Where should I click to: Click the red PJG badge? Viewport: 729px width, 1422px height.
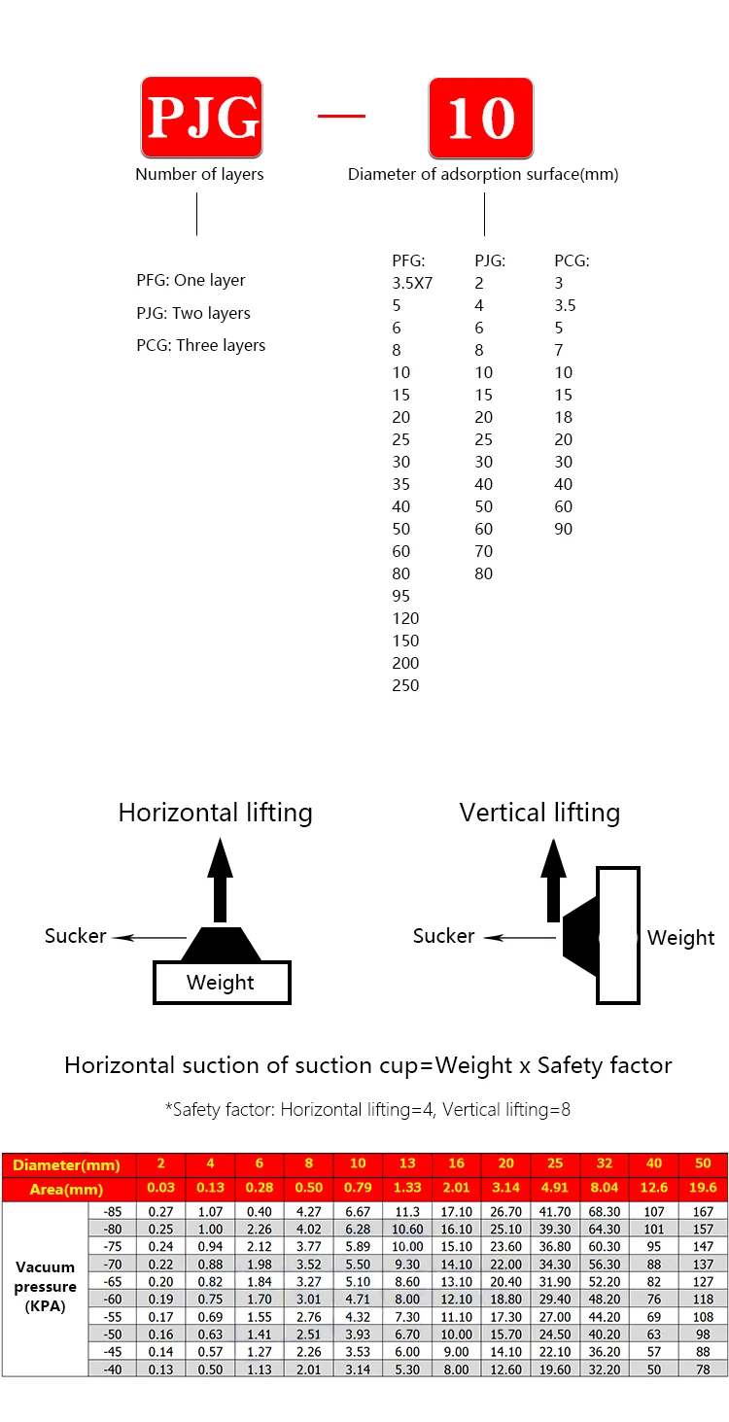click(201, 118)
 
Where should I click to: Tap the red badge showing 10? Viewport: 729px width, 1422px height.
click(481, 118)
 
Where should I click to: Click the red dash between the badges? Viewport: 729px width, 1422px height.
click(341, 116)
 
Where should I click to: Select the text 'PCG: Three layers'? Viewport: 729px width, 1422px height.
click(200, 345)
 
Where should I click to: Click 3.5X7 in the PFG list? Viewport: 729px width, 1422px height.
click(412, 283)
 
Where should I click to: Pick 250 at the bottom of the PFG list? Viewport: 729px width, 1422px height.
click(405, 685)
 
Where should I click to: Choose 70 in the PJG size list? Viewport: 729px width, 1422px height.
click(483, 551)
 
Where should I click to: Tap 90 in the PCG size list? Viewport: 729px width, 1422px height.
click(564, 529)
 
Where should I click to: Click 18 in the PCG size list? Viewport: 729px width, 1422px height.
click(564, 417)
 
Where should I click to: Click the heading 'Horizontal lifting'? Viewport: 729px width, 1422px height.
click(216, 813)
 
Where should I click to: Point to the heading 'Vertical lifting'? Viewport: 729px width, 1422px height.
click(539, 813)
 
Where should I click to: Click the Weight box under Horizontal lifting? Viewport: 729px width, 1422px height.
click(222, 982)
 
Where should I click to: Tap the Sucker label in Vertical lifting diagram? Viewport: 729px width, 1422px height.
click(443, 936)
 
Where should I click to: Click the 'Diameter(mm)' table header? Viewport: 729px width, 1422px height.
click(67, 1164)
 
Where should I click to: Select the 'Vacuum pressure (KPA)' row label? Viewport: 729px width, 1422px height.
click(46, 1287)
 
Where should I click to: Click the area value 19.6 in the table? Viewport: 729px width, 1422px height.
click(702, 1188)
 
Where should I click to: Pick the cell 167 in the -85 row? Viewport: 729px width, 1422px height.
click(702, 1212)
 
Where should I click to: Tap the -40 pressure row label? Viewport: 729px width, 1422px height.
click(114, 1369)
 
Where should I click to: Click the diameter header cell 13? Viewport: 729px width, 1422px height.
click(408, 1164)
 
